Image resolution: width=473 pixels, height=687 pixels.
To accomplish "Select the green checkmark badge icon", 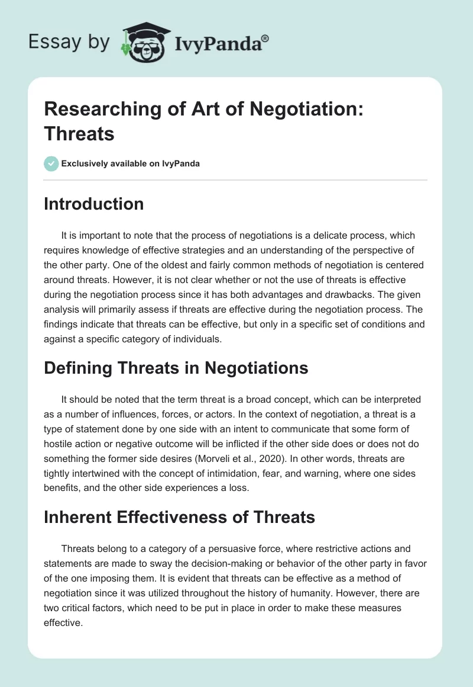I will pos(52,163).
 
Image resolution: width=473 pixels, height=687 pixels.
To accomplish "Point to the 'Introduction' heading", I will pos(94,204).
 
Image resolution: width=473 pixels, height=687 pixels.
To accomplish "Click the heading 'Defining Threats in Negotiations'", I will pos(176,368).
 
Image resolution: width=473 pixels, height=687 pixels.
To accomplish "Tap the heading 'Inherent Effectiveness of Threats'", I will pos(180,517).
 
